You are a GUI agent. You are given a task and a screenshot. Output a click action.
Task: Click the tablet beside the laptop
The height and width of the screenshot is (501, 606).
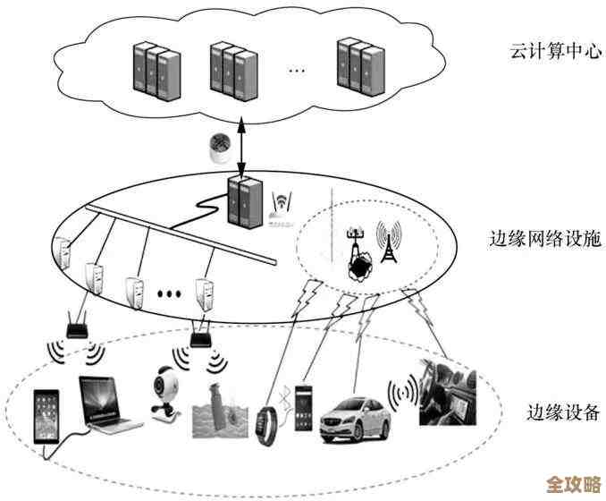point(46,416)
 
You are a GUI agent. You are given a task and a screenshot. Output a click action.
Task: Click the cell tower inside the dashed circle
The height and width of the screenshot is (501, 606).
point(387,242)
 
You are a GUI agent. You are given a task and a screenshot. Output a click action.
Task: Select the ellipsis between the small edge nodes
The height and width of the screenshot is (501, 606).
point(170,292)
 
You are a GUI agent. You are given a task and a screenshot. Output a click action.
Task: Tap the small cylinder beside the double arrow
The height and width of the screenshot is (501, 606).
point(218,149)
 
